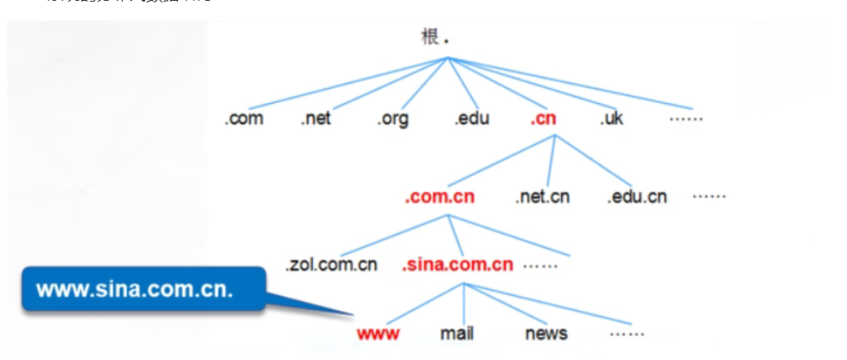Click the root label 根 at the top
(x=430, y=38)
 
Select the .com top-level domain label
(x=244, y=118)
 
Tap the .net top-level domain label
(x=316, y=118)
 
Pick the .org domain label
(x=394, y=118)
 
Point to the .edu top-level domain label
(x=471, y=118)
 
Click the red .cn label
(x=544, y=118)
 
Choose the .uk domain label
(x=611, y=118)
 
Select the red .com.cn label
(x=440, y=197)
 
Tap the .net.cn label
(x=542, y=197)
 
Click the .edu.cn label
(x=637, y=197)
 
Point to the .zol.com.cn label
(x=331, y=265)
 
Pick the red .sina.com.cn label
(x=457, y=265)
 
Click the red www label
(x=378, y=334)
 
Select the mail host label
(x=457, y=334)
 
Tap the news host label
(x=546, y=334)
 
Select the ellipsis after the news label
(x=627, y=334)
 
